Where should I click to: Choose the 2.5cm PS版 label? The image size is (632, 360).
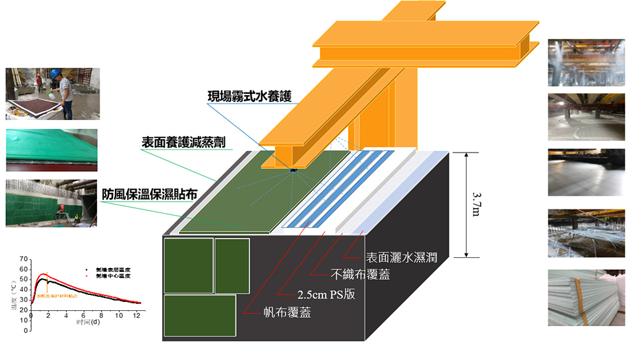pos(327,295)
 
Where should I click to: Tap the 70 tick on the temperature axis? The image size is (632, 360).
pos(24,259)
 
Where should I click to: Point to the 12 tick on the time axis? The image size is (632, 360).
pos(136,315)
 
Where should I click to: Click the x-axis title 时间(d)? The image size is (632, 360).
pos(87,322)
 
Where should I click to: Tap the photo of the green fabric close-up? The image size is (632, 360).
pos(51,150)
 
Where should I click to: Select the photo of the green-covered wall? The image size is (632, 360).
pos(51,203)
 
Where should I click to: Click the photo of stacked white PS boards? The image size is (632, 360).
pos(586,297)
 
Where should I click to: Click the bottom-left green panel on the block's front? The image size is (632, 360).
pos(200,315)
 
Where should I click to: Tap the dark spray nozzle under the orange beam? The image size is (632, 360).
pos(293,169)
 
